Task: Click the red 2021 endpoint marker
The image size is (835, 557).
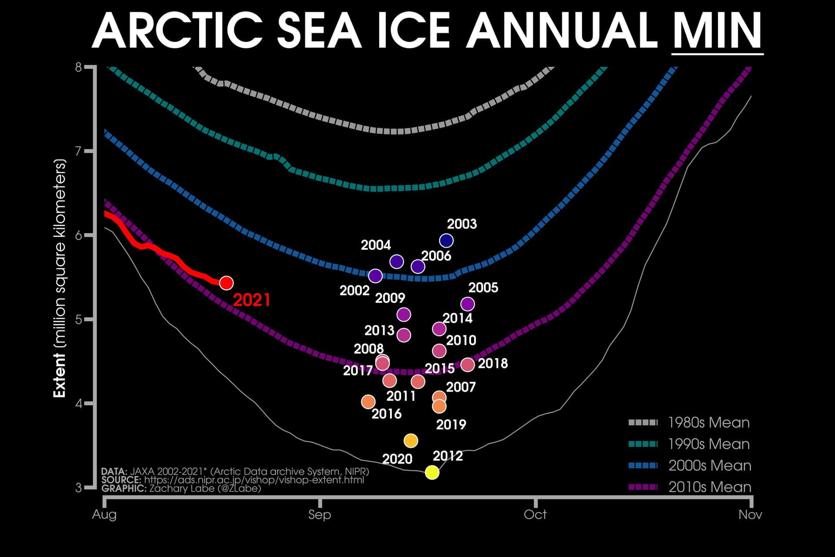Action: click(x=226, y=283)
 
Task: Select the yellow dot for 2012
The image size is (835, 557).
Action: click(x=432, y=472)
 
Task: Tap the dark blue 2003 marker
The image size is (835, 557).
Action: click(x=446, y=240)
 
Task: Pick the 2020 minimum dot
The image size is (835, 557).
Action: click(x=411, y=441)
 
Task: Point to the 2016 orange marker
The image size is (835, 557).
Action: click(x=368, y=402)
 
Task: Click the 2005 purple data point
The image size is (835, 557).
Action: click(x=468, y=304)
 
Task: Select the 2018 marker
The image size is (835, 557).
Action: click(x=468, y=365)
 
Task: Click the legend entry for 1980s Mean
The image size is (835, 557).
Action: click(x=689, y=423)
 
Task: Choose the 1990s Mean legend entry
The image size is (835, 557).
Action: click(x=689, y=444)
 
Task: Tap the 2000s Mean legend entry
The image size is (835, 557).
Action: click(x=689, y=466)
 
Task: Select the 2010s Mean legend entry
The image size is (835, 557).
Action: click(x=689, y=487)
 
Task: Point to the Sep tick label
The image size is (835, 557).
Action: click(x=320, y=515)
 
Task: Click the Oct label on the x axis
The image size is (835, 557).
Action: click(x=535, y=515)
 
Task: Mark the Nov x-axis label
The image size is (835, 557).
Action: click(x=750, y=515)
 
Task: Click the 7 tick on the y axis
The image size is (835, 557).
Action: click(x=78, y=151)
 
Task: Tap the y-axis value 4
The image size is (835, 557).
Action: click(x=78, y=403)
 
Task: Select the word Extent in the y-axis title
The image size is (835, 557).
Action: click(x=59, y=376)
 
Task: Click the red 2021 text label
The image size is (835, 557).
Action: click(x=252, y=300)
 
